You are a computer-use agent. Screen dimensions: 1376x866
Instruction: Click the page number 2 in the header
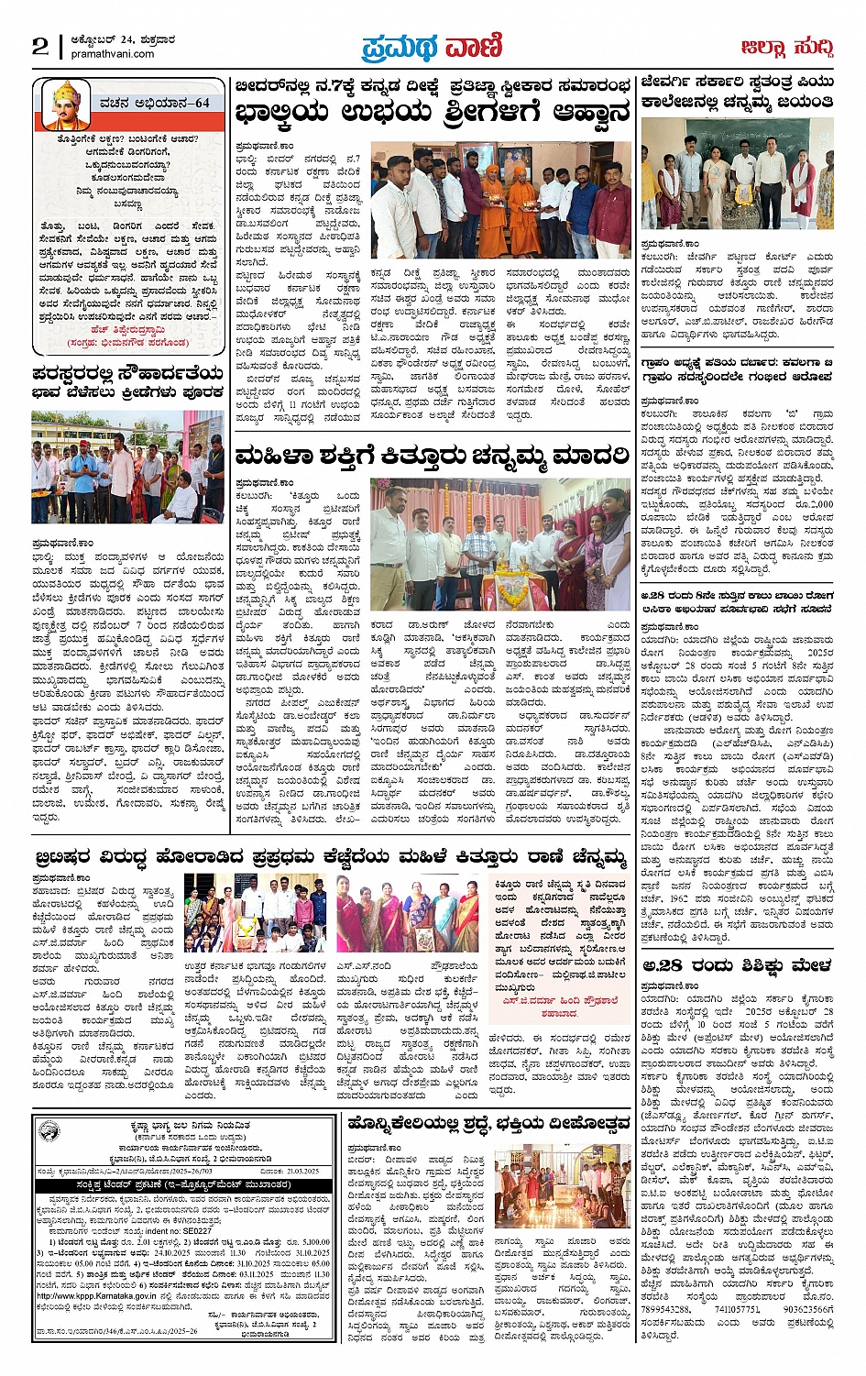40,47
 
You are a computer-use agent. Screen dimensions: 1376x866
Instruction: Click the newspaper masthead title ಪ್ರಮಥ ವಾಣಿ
432,46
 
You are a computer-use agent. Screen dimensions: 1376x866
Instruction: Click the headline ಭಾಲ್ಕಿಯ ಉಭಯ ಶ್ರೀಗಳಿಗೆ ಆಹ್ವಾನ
433,115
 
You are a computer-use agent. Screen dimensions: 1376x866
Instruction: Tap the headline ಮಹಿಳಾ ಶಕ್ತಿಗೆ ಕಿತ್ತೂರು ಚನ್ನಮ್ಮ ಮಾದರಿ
433,456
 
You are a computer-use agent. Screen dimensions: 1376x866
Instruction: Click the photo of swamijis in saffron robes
501,200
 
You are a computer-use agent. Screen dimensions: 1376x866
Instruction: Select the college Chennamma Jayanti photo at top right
737,174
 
